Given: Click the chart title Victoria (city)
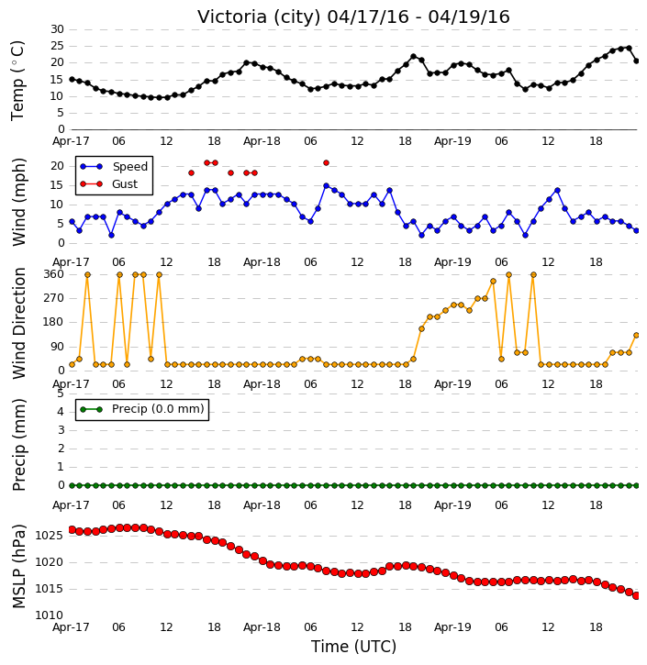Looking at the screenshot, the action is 259,17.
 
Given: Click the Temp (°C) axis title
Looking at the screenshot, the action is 17,81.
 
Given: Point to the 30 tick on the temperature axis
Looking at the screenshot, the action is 57,29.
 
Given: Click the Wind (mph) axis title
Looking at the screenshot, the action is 18,202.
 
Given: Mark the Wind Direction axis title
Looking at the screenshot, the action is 18,323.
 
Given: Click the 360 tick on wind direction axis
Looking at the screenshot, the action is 54,274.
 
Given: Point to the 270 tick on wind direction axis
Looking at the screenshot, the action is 54,298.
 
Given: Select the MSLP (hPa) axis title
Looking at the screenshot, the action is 18,566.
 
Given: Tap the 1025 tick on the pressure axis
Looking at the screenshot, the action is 50,536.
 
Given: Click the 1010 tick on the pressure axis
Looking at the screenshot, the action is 50,615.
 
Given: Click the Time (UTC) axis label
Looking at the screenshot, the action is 353,647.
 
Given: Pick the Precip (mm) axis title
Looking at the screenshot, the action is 18,445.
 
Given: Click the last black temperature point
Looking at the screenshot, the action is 636,61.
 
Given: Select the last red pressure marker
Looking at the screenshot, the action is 636,596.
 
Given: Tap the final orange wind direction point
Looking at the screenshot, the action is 636,335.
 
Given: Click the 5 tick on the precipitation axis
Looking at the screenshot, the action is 61,393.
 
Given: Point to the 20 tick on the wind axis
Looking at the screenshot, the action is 57,166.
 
